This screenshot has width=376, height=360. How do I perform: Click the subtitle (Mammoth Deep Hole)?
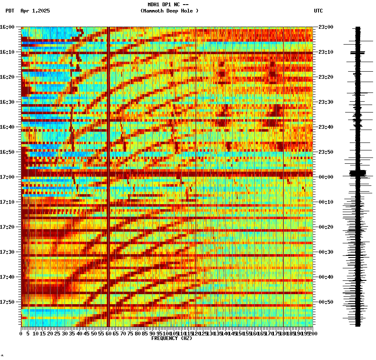click(169, 11)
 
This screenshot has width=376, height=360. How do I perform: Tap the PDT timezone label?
click(10, 11)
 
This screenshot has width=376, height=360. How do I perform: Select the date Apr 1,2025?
click(35, 11)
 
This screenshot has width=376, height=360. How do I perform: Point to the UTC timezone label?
click(318, 11)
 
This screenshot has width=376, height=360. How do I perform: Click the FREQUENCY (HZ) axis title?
click(172, 338)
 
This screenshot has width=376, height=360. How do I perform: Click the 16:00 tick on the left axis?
click(8, 27)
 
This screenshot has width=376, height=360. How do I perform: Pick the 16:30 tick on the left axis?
click(8, 102)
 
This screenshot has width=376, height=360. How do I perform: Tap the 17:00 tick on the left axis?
click(8, 177)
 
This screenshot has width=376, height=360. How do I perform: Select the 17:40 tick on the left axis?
click(8, 277)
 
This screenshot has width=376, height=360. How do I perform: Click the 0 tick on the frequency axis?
click(21, 333)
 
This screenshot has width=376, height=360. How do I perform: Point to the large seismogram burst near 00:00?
click(358, 172)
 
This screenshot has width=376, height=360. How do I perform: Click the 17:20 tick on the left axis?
click(8, 227)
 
